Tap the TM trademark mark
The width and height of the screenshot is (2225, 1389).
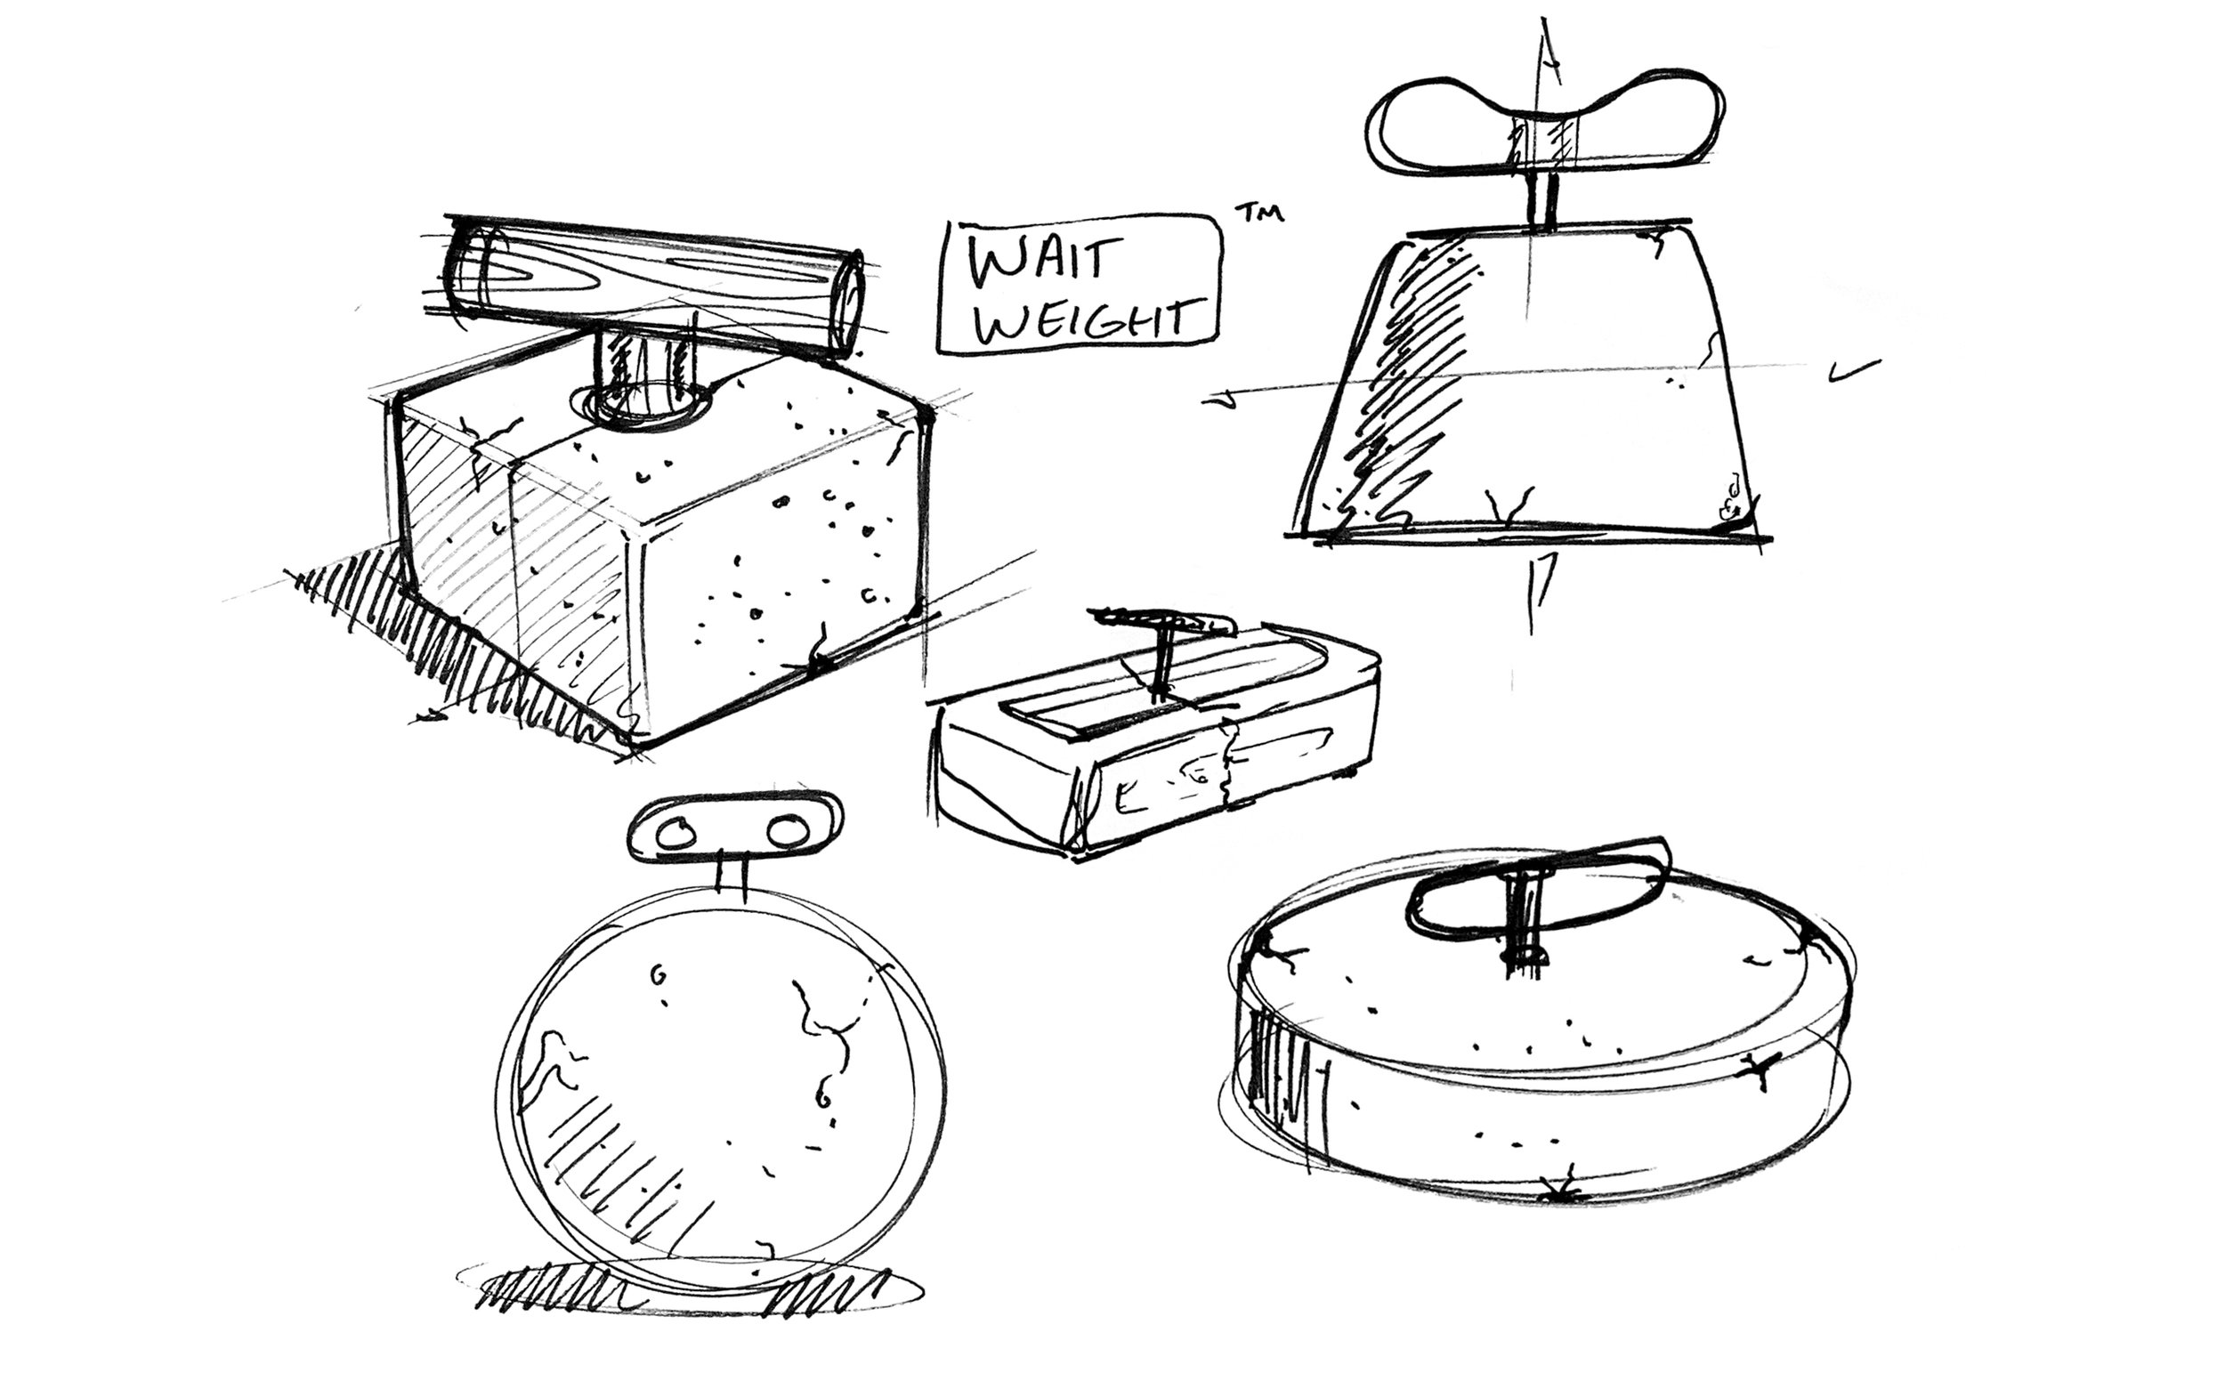click(x=1258, y=214)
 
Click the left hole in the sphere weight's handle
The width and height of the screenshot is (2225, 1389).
click(x=677, y=833)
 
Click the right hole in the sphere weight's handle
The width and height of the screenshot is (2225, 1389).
click(x=788, y=832)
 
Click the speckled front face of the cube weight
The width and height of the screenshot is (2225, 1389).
click(x=781, y=569)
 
